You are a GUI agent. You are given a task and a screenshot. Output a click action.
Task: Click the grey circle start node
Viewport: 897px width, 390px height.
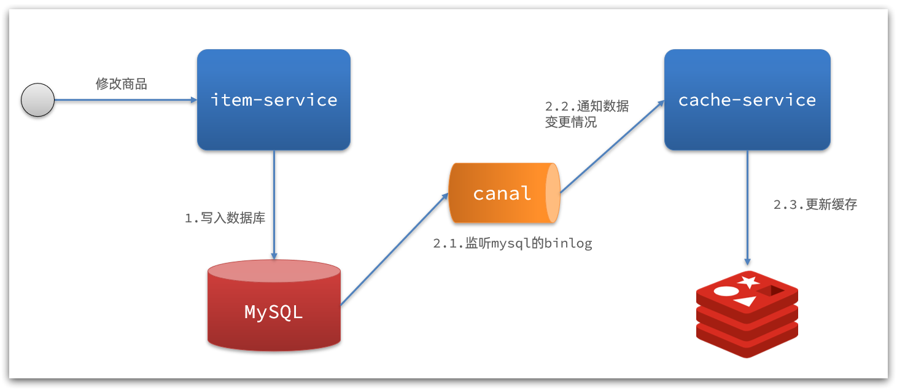[x=38, y=100]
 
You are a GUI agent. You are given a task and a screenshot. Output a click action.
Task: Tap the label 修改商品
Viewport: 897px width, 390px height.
[x=121, y=84]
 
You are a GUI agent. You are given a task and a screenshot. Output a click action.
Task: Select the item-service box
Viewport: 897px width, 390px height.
[x=274, y=100]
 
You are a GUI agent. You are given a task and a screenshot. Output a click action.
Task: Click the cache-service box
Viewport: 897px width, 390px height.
[x=747, y=100]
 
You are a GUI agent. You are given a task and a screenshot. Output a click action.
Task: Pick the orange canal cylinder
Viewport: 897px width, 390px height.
[x=500, y=193]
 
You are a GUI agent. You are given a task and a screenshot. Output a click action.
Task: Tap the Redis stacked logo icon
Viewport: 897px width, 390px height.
[x=747, y=313]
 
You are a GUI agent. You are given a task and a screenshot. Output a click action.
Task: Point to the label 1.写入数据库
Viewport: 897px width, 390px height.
[x=225, y=218]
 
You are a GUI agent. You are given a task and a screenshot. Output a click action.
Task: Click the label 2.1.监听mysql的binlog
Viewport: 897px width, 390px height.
[x=513, y=243]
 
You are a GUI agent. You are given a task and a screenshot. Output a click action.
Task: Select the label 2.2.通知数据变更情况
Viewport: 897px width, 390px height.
[x=586, y=114]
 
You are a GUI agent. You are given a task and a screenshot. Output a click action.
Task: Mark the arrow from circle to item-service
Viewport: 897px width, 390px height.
[x=123, y=100]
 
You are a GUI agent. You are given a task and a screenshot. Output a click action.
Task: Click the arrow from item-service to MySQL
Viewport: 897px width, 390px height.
[x=274, y=203]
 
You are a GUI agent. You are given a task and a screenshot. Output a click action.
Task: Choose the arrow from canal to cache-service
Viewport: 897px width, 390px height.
[x=611, y=147]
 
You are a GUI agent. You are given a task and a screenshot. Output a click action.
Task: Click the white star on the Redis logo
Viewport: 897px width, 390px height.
[x=748, y=282]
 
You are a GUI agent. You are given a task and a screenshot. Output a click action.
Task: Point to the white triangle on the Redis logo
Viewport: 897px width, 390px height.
[x=746, y=301]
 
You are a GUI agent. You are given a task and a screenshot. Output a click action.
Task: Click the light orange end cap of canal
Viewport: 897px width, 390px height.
[x=553, y=193]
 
